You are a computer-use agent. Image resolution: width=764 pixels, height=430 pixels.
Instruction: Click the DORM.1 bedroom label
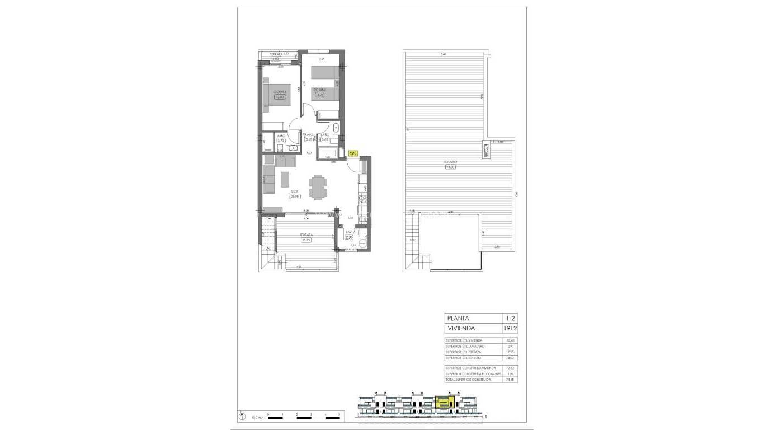pos(279,91)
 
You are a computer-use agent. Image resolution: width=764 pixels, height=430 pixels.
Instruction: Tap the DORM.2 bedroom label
pos(319,90)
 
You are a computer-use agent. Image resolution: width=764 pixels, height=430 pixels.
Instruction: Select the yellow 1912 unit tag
pos(352,153)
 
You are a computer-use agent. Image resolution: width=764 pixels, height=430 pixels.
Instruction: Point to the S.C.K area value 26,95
pos(295,197)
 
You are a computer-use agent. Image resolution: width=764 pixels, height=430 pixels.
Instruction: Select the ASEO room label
pos(281,135)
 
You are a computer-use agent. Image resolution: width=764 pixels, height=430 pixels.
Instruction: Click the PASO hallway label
pos(309,135)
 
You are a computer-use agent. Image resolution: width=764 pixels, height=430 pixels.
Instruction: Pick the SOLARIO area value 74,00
pos(450,167)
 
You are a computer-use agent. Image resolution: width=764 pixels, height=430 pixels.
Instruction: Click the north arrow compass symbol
pos(242,417)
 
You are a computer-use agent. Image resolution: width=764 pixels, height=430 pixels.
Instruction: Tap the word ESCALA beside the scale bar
pos(257,417)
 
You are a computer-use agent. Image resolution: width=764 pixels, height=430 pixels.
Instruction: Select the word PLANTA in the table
pos(458,318)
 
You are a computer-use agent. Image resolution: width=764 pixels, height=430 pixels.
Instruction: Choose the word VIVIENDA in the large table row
pos(461,329)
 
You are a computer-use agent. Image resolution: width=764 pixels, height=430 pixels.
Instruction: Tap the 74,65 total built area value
pos(509,380)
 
